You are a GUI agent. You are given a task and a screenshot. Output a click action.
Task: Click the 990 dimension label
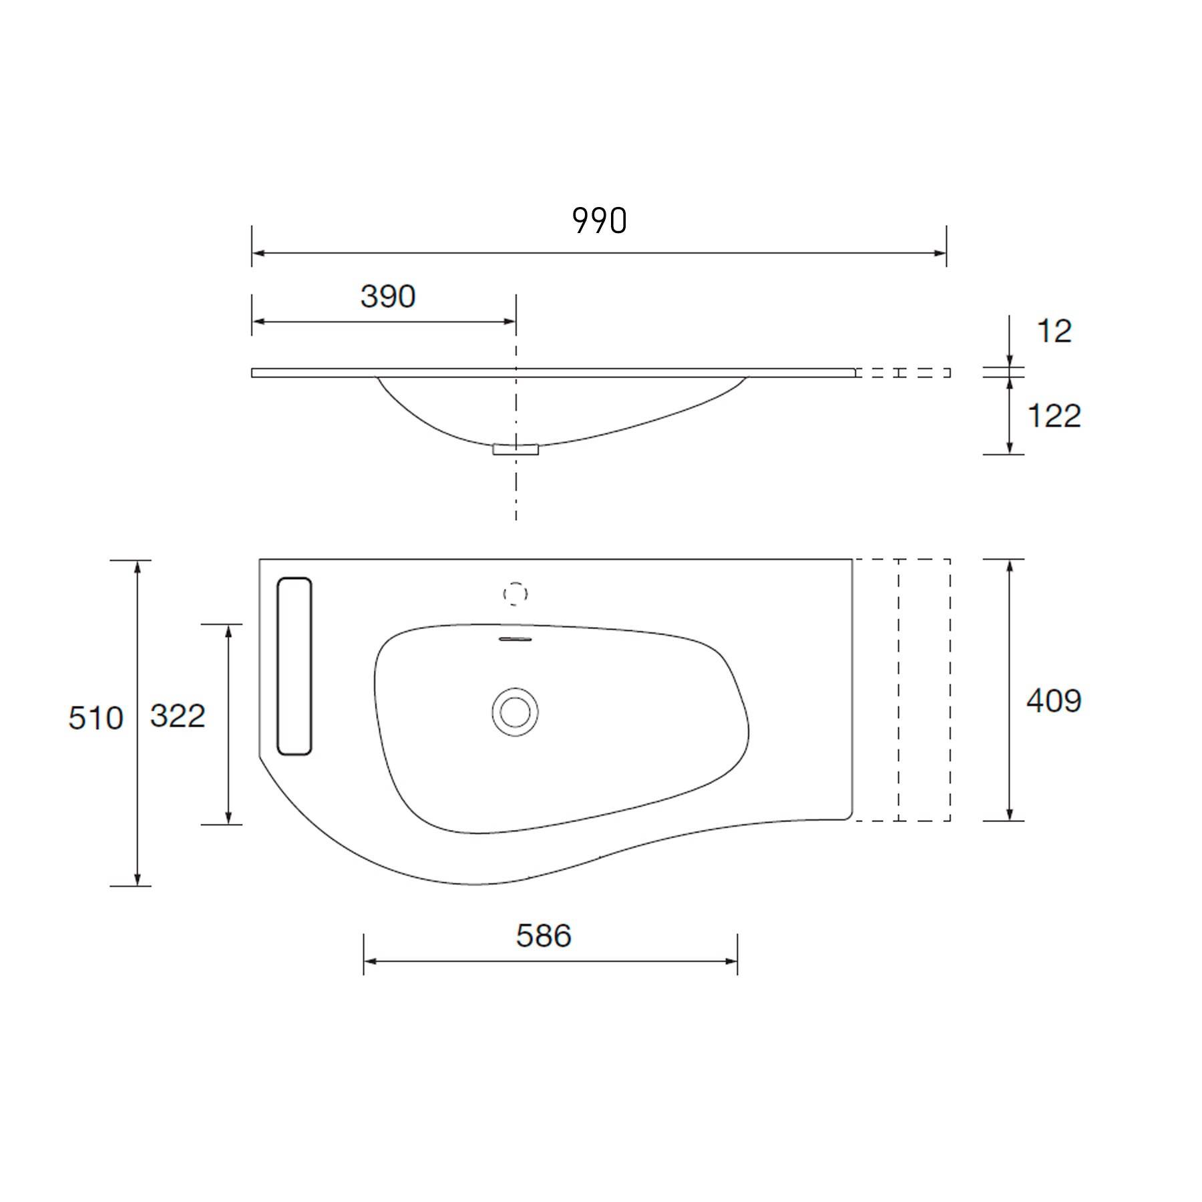click(600, 221)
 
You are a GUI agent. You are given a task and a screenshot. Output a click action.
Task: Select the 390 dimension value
click(388, 296)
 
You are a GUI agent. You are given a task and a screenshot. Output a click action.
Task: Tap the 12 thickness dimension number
click(1054, 331)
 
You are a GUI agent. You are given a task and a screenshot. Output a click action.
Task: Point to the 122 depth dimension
click(1054, 416)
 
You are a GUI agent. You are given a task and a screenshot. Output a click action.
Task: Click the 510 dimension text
click(95, 719)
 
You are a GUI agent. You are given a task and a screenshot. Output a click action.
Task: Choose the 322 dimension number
click(178, 717)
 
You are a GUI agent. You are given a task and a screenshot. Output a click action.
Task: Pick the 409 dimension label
click(1054, 700)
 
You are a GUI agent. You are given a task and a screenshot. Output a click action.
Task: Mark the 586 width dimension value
click(544, 936)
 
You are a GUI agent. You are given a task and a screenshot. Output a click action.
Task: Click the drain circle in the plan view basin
click(515, 712)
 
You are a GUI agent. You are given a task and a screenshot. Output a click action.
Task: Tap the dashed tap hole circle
click(515, 594)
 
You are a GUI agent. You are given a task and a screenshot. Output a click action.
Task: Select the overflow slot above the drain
click(516, 639)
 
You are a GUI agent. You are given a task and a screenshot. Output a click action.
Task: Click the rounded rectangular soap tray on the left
click(294, 666)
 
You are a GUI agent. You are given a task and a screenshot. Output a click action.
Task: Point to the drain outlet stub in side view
click(516, 449)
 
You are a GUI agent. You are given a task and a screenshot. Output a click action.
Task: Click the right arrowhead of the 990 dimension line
click(940, 253)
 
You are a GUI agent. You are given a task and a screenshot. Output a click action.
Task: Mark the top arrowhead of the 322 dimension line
click(228, 630)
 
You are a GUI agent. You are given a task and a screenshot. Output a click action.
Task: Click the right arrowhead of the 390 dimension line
click(510, 322)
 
